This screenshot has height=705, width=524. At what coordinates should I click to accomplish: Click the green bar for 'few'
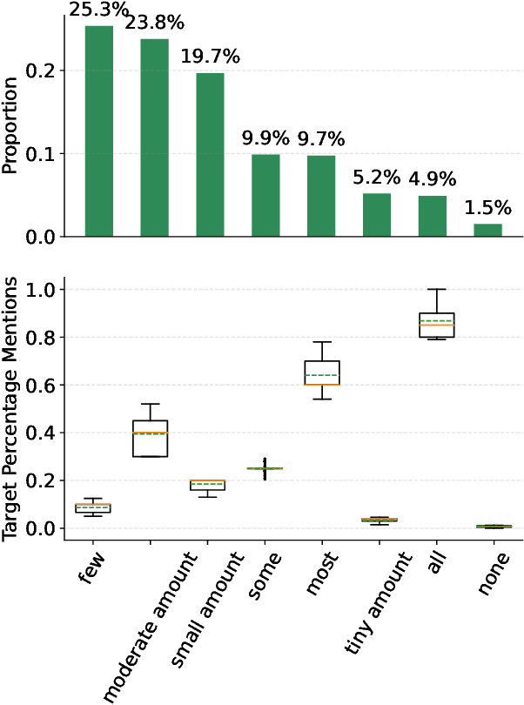[x=98, y=131]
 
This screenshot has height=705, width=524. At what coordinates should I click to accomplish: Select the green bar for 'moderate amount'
[x=154, y=137]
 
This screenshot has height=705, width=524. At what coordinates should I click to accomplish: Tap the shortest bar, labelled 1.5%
[x=488, y=230]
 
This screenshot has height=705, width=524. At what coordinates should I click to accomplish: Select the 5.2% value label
[x=377, y=178]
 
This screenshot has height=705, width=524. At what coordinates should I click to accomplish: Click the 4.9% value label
[x=433, y=180]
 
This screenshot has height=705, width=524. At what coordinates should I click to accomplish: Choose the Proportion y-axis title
[x=11, y=126]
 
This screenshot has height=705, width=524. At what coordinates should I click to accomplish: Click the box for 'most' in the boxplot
[x=321, y=373]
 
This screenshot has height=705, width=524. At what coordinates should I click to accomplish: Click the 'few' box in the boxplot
[x=98, y=507]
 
